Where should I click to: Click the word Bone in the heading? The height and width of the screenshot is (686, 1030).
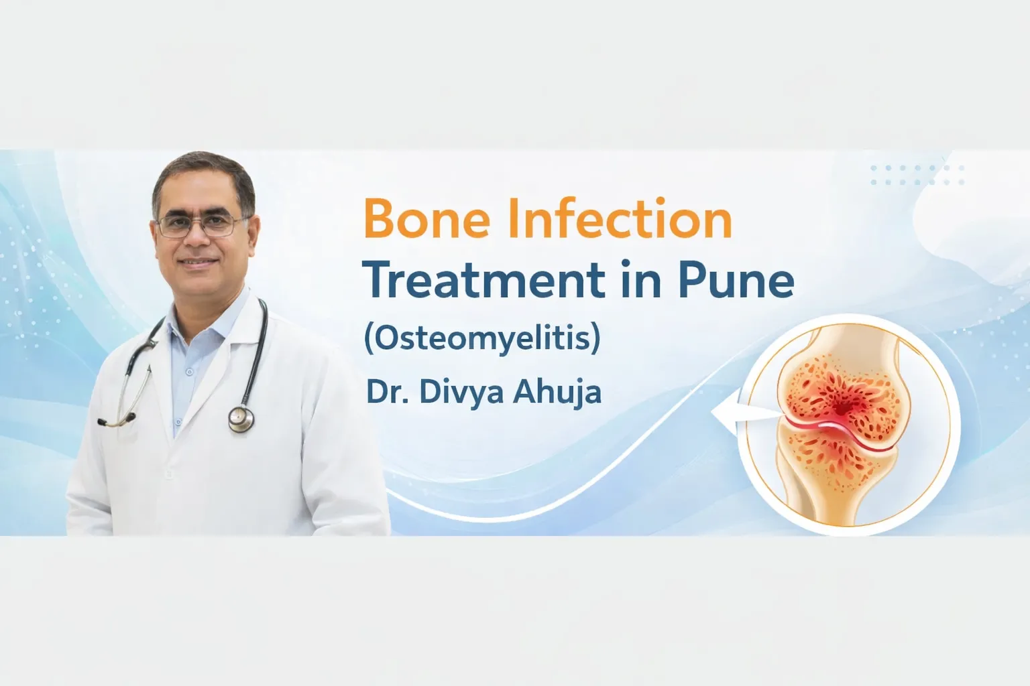(x=426, y=219)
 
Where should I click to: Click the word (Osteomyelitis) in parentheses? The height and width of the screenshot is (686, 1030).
(x=481, y=338)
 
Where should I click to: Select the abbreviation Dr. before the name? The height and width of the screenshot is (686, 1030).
(x=387, y=392)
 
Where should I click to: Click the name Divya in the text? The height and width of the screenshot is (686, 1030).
(x=461, y=393)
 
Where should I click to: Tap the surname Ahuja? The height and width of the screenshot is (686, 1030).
(x=557, y=393)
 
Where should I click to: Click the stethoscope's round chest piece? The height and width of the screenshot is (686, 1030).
(x=241, y=419)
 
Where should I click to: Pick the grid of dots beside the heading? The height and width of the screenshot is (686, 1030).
(x=917, y=175)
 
